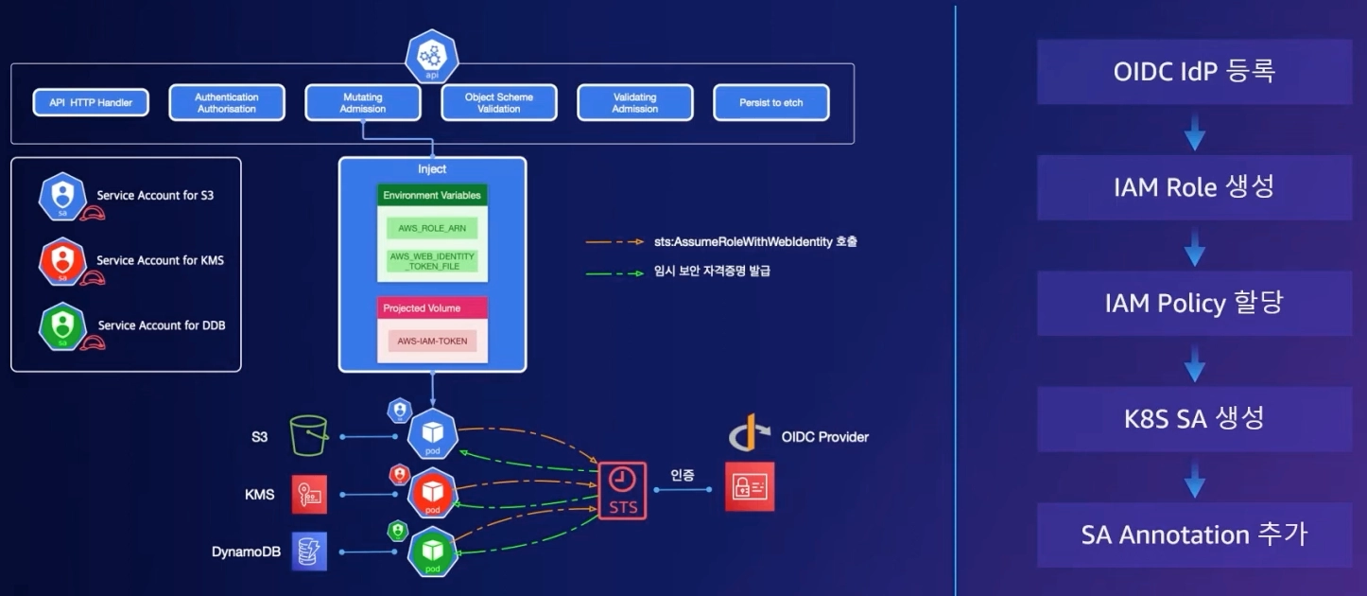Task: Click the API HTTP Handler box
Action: tap(91, 102)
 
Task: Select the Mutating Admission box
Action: tap(363, 102)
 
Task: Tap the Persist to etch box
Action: tap(770, 102)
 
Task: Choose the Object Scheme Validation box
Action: tap(499, 102)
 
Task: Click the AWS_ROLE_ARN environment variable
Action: tap(432, 228)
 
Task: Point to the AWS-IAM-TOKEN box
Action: tap(432, 341)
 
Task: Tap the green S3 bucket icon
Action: tap(309, 435)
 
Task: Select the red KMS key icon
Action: tap(309, 494)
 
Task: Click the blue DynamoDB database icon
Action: tap(309, 552)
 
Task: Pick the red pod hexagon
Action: tap(433, 494)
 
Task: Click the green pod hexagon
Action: tap(433, 552)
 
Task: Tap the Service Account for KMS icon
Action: tap(62, 261)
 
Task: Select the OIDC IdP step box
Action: tap(1194, 72)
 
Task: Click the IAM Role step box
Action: tap(1194, 187)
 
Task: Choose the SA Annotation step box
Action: tap(1194, 535)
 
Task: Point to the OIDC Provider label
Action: tap(824, 436)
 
